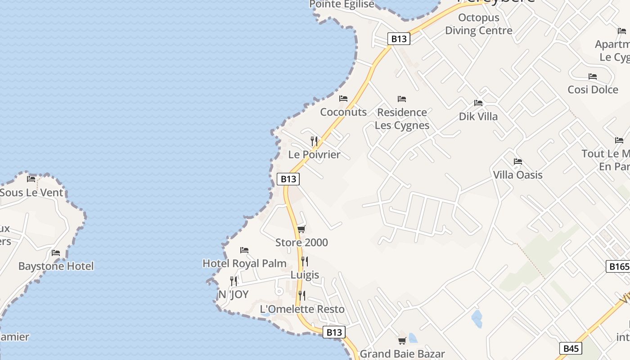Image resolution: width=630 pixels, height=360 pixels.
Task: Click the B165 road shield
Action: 618,266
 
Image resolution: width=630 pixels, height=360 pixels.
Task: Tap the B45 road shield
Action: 571,348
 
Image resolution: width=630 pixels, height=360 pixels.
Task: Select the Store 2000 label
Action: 301,243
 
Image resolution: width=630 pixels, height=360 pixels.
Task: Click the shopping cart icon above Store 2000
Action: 301,229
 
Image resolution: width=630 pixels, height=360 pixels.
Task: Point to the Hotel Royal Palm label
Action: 244,263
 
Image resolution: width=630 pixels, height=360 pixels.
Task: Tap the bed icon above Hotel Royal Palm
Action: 244,250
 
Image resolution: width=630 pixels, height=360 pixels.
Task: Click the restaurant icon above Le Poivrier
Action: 314,141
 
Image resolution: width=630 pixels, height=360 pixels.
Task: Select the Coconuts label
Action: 343,112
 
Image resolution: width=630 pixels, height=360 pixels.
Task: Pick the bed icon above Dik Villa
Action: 478,103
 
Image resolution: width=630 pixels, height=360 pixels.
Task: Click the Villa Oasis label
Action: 517,175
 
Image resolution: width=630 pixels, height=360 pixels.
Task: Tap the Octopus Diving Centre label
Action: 479,24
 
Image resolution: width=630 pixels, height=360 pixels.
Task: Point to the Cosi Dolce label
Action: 593,90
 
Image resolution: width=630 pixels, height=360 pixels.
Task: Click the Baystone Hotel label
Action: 56,266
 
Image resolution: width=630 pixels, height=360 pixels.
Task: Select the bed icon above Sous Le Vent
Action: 31,179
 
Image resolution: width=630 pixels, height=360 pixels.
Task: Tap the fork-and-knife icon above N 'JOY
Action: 233,281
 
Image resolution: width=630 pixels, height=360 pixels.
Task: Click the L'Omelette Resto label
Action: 302,309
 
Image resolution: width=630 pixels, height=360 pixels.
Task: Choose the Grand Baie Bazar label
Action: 402,354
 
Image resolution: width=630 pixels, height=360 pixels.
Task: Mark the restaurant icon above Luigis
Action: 305,261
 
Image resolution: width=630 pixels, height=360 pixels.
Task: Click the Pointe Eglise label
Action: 342,4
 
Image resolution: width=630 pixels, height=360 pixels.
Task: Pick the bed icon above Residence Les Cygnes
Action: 402,99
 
